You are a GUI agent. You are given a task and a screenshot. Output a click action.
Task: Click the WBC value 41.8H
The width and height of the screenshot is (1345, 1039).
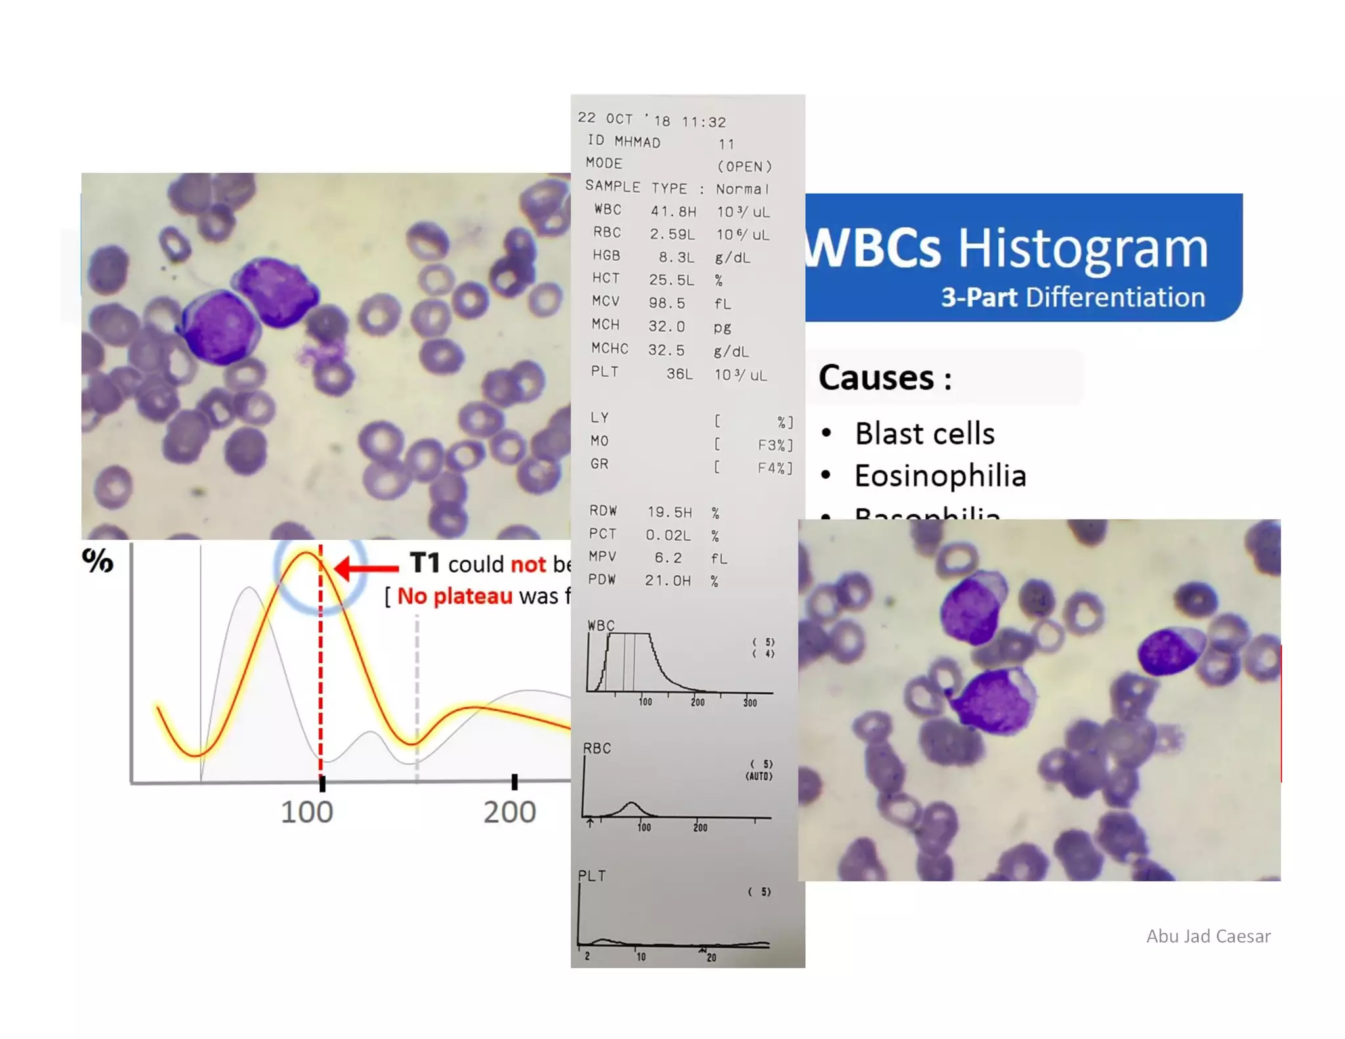tap(673, 211)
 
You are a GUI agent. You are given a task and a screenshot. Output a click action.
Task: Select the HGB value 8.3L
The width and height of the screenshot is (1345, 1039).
tap(676, 257)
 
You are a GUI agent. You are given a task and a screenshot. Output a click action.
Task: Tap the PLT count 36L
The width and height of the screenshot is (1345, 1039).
tap(680, 374)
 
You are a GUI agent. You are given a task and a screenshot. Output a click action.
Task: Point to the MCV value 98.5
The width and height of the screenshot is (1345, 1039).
tap(667, 303)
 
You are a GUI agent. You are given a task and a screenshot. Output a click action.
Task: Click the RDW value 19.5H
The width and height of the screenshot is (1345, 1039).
tap(669, 512)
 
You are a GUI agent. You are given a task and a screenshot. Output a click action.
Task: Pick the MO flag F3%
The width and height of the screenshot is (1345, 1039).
tap(774, 445)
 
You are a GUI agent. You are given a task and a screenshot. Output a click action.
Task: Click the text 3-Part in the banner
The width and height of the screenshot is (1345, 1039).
tap(979, 298)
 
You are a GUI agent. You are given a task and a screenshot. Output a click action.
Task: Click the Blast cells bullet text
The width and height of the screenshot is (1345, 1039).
tap(924, 433)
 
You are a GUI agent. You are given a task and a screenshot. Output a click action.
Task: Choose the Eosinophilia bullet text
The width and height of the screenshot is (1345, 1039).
tap(940, 476)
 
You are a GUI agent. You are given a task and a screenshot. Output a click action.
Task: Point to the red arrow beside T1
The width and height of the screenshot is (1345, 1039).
tap(366, 567)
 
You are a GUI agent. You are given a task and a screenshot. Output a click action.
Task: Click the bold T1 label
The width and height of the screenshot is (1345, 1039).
tap(424, 564)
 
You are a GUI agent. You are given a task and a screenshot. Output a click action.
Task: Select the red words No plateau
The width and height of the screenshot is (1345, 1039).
tap(454, 596)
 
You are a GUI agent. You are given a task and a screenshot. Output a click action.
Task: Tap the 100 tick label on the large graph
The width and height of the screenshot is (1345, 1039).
tap(307, 812)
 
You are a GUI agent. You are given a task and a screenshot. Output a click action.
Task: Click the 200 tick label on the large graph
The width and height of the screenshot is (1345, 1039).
tap(510, 812)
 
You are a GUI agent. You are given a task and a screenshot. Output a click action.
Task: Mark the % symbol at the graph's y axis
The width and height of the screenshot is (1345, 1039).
tap(98, 560)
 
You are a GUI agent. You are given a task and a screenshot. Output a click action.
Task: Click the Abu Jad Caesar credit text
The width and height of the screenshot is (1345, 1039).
tap(1208, 936)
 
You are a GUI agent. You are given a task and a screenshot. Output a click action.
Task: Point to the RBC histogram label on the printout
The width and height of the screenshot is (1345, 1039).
tap(596, 748)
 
